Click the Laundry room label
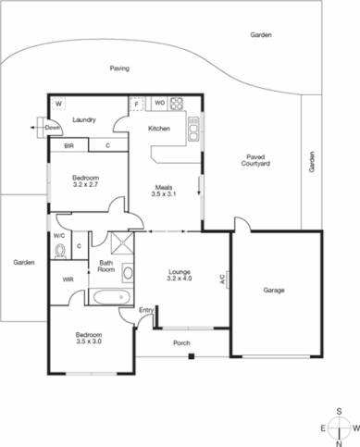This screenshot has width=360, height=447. [85, 119]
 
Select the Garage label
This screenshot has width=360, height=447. [274, 291]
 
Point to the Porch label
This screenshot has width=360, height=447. [182, 343]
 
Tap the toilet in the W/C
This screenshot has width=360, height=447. [58, 249]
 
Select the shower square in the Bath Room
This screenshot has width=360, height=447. [120, 245]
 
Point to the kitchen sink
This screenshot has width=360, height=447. [193, 130]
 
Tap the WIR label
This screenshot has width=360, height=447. [67, 279]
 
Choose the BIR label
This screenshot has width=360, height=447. [68, 146]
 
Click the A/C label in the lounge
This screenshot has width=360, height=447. [222, 278]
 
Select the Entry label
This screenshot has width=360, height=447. [146, 322]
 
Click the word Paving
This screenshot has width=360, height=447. [119, 68]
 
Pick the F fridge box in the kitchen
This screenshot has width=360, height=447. [136, 103]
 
